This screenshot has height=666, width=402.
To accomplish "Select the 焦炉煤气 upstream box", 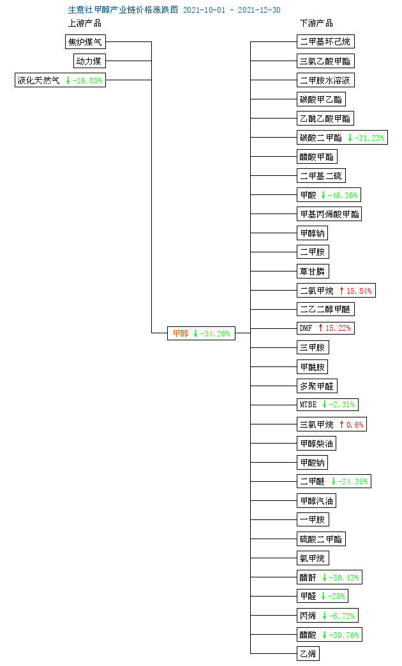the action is [86, 42].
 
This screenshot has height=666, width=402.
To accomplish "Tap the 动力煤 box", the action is [89, 61].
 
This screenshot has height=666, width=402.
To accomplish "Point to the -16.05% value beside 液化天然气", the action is [87, 81].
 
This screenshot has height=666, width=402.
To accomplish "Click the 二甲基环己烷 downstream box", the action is [325, 41].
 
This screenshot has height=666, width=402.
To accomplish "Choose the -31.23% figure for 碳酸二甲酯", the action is [369, 138].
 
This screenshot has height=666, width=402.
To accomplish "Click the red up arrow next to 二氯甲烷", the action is [341, 291].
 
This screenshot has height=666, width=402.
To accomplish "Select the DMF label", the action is [306, 328].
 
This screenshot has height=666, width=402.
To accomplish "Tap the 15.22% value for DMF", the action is [338, 328].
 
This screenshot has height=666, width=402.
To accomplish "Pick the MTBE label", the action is [308, 404].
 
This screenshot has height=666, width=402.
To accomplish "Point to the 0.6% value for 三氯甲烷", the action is [355, 424].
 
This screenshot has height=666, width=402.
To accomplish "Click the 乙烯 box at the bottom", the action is [308, 654].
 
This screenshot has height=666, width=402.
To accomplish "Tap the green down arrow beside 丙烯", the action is [325, 616].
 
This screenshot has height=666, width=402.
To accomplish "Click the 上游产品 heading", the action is [85, 24].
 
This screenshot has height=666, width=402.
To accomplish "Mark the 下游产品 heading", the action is [316, 24].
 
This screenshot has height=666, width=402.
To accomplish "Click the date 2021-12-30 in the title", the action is [259, 10].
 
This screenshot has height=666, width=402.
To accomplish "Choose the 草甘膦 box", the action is [313, 271].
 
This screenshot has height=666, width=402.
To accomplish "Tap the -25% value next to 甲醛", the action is [336, 597].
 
